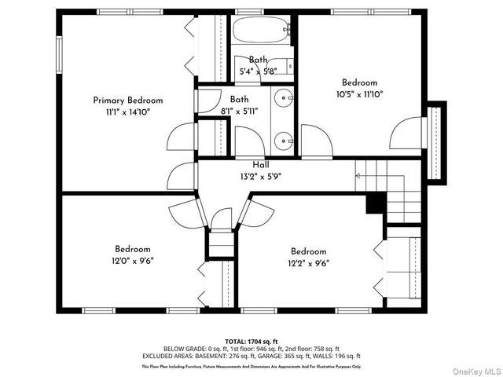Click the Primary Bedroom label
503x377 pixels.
(128, 101)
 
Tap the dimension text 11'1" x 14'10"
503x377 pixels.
(128, 112)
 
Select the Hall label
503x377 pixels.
(261, 165)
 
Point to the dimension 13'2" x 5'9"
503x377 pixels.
(261, 177)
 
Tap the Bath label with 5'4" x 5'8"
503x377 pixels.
(259, 60)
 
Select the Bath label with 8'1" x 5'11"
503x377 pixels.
(240, 100)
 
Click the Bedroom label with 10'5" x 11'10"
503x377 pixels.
(359, 82)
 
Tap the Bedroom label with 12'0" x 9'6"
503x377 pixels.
(132, 250)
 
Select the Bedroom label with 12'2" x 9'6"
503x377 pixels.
(308, 251)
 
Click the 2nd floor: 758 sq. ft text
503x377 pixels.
(316, 347)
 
